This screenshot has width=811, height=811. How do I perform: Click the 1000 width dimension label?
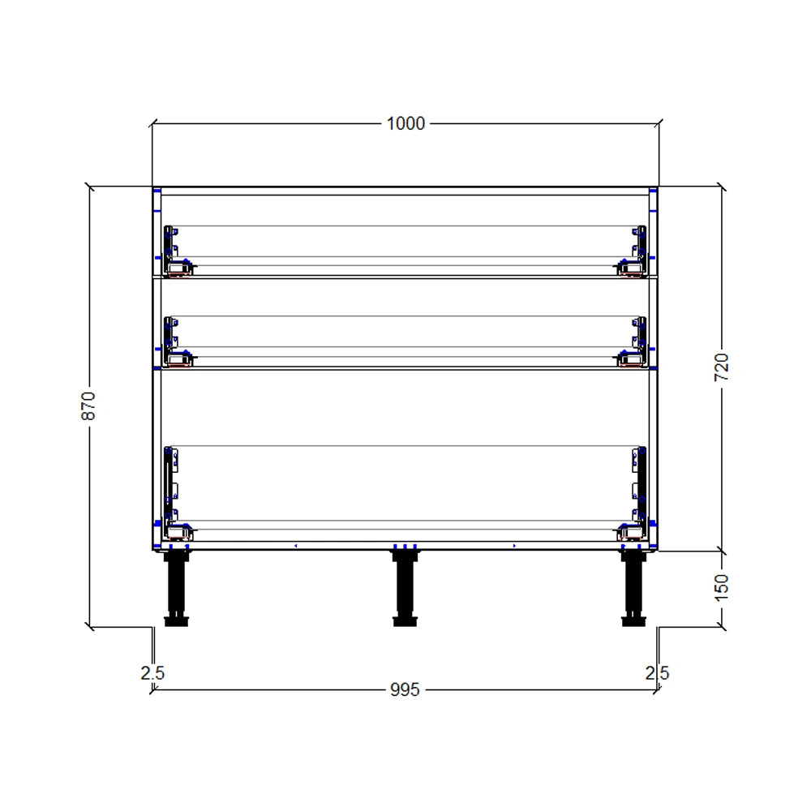(405, 123)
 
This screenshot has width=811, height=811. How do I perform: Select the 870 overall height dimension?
(88, 405)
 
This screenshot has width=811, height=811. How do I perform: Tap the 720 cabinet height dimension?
(722, 367)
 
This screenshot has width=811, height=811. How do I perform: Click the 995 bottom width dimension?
(405, 689)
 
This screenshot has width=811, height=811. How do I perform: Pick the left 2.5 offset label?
(152, 672)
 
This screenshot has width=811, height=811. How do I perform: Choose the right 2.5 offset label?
(657, 672)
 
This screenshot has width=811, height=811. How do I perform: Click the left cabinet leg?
(176, 586)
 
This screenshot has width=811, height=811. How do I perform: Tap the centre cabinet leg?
(405, 586)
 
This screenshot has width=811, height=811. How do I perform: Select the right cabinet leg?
(633, 586)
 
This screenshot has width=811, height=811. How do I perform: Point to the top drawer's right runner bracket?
(637, 251)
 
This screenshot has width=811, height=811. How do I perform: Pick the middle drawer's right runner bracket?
(637, 341)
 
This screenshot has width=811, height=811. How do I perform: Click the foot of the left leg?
(176, 622)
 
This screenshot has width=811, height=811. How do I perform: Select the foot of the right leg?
(633, 622)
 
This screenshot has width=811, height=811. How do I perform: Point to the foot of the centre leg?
(405, 622)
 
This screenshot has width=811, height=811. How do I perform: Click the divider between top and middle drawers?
(405, 277)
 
